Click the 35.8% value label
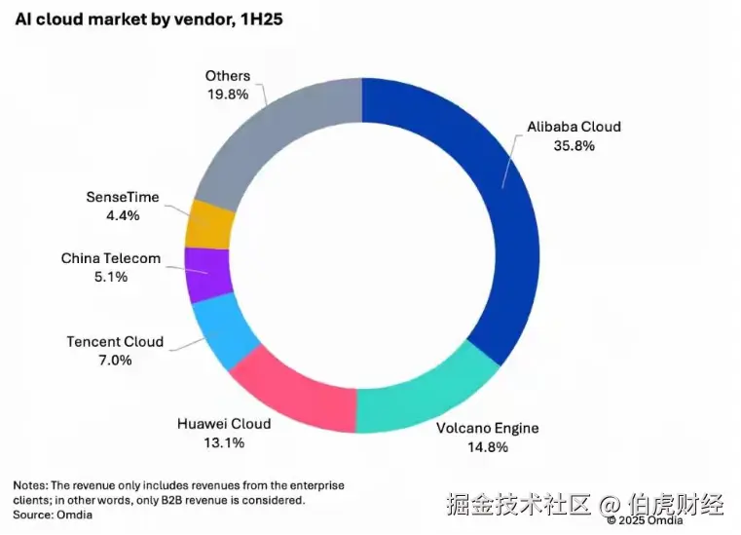coord(574,145)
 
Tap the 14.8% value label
coord(488,447)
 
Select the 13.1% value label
coord(224,443)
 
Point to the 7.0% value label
coord(115,361)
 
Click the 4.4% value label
coord(123,215)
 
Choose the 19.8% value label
coord(228,95)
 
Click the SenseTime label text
coord(123,198)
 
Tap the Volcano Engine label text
coord(488,429)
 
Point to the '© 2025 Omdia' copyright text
coord(645,520)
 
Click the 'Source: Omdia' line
coord(53,516)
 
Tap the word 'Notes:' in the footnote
coord(31,485)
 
